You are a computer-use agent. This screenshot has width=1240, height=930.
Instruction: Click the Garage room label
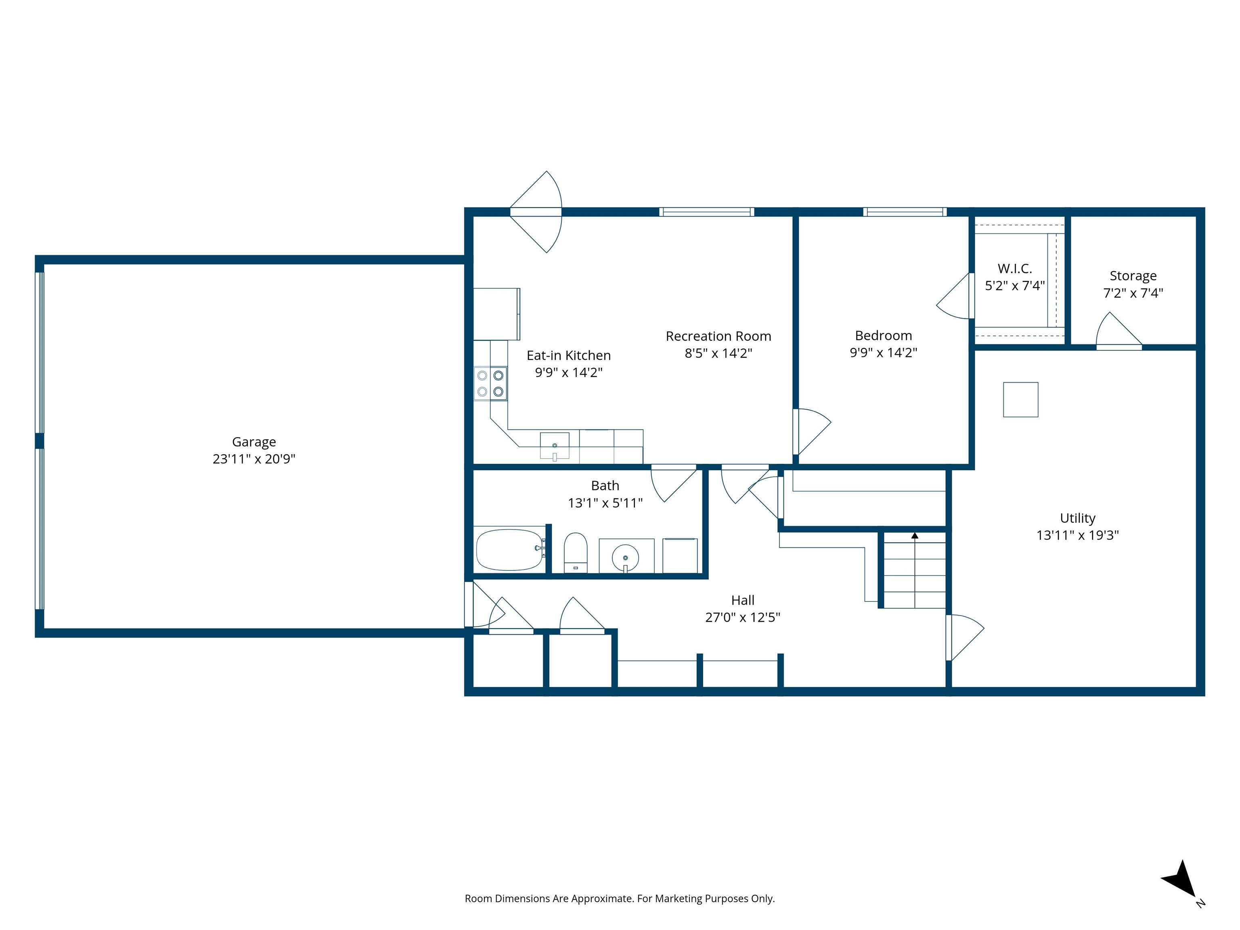pyautogui.click(x=254, y=442)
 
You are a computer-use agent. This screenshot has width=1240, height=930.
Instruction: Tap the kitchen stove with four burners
pyautogui.click(x=490, y=383)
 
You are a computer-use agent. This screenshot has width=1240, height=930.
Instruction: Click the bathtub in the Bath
pyautogui.click(x=509, y=549)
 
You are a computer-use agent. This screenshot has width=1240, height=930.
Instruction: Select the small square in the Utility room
pyautogui.click(x=1020, y=400)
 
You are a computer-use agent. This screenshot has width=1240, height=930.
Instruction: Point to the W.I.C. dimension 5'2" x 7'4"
pyautogui.click(x=1015, y=286)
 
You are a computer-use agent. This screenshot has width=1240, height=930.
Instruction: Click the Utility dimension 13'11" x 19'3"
pyautogui.click(x=1077, y=535)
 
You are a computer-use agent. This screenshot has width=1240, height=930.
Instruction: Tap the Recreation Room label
pyautogui.click(x=718, y=336)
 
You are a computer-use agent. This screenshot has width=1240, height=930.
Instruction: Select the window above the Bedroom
pyautogui.click(x=905, y=212)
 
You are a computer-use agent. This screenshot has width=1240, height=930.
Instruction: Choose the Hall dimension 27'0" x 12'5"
pyautogui.click(x=742, y=617)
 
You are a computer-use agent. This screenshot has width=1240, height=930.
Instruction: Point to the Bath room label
pyautogui.click(x=605, y=486)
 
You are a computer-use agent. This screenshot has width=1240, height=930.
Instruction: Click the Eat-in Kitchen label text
pyautogui.click(x=568, y=355)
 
